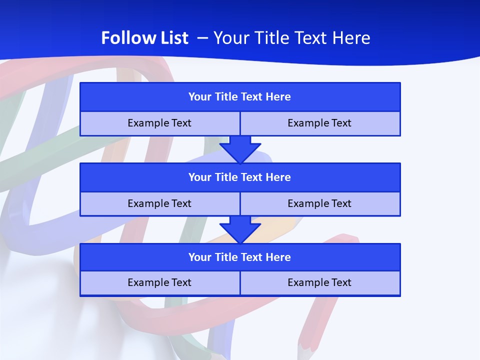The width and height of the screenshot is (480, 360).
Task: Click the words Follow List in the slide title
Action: point(144,38)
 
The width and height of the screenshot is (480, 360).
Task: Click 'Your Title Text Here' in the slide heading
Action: point(292,38)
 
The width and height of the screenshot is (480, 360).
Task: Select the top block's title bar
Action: point(240,97)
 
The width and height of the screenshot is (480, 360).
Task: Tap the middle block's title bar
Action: point(240,177)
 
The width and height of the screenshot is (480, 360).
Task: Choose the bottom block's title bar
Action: point(240,257)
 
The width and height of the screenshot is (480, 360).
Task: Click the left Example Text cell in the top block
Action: point(159,123)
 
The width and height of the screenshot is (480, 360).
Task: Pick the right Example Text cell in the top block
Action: point(320,123)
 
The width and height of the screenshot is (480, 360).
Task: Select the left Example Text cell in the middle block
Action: point(159,204)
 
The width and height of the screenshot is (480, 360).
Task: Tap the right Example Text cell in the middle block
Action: point(320,204)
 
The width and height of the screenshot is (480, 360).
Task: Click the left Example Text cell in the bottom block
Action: point(159,283)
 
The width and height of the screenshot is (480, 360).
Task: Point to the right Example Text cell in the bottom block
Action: point(320,283)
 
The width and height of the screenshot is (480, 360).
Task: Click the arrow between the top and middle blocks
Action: point(240,149)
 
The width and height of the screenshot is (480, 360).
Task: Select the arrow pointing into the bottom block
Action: point(240,230)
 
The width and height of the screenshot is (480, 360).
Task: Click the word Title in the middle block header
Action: point(226,177)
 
